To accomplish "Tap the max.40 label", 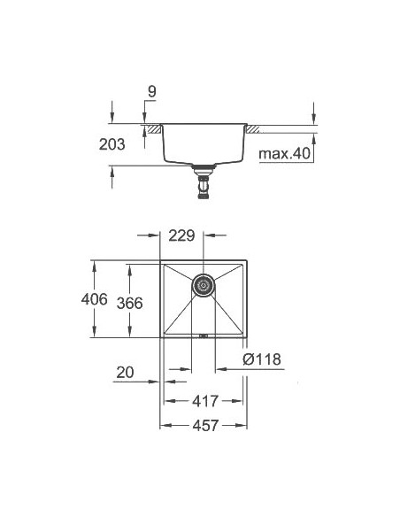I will pos(284,155).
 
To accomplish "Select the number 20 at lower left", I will pos(125,374).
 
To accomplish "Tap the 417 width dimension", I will pos(204,401).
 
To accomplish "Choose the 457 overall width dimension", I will pos(204,426).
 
